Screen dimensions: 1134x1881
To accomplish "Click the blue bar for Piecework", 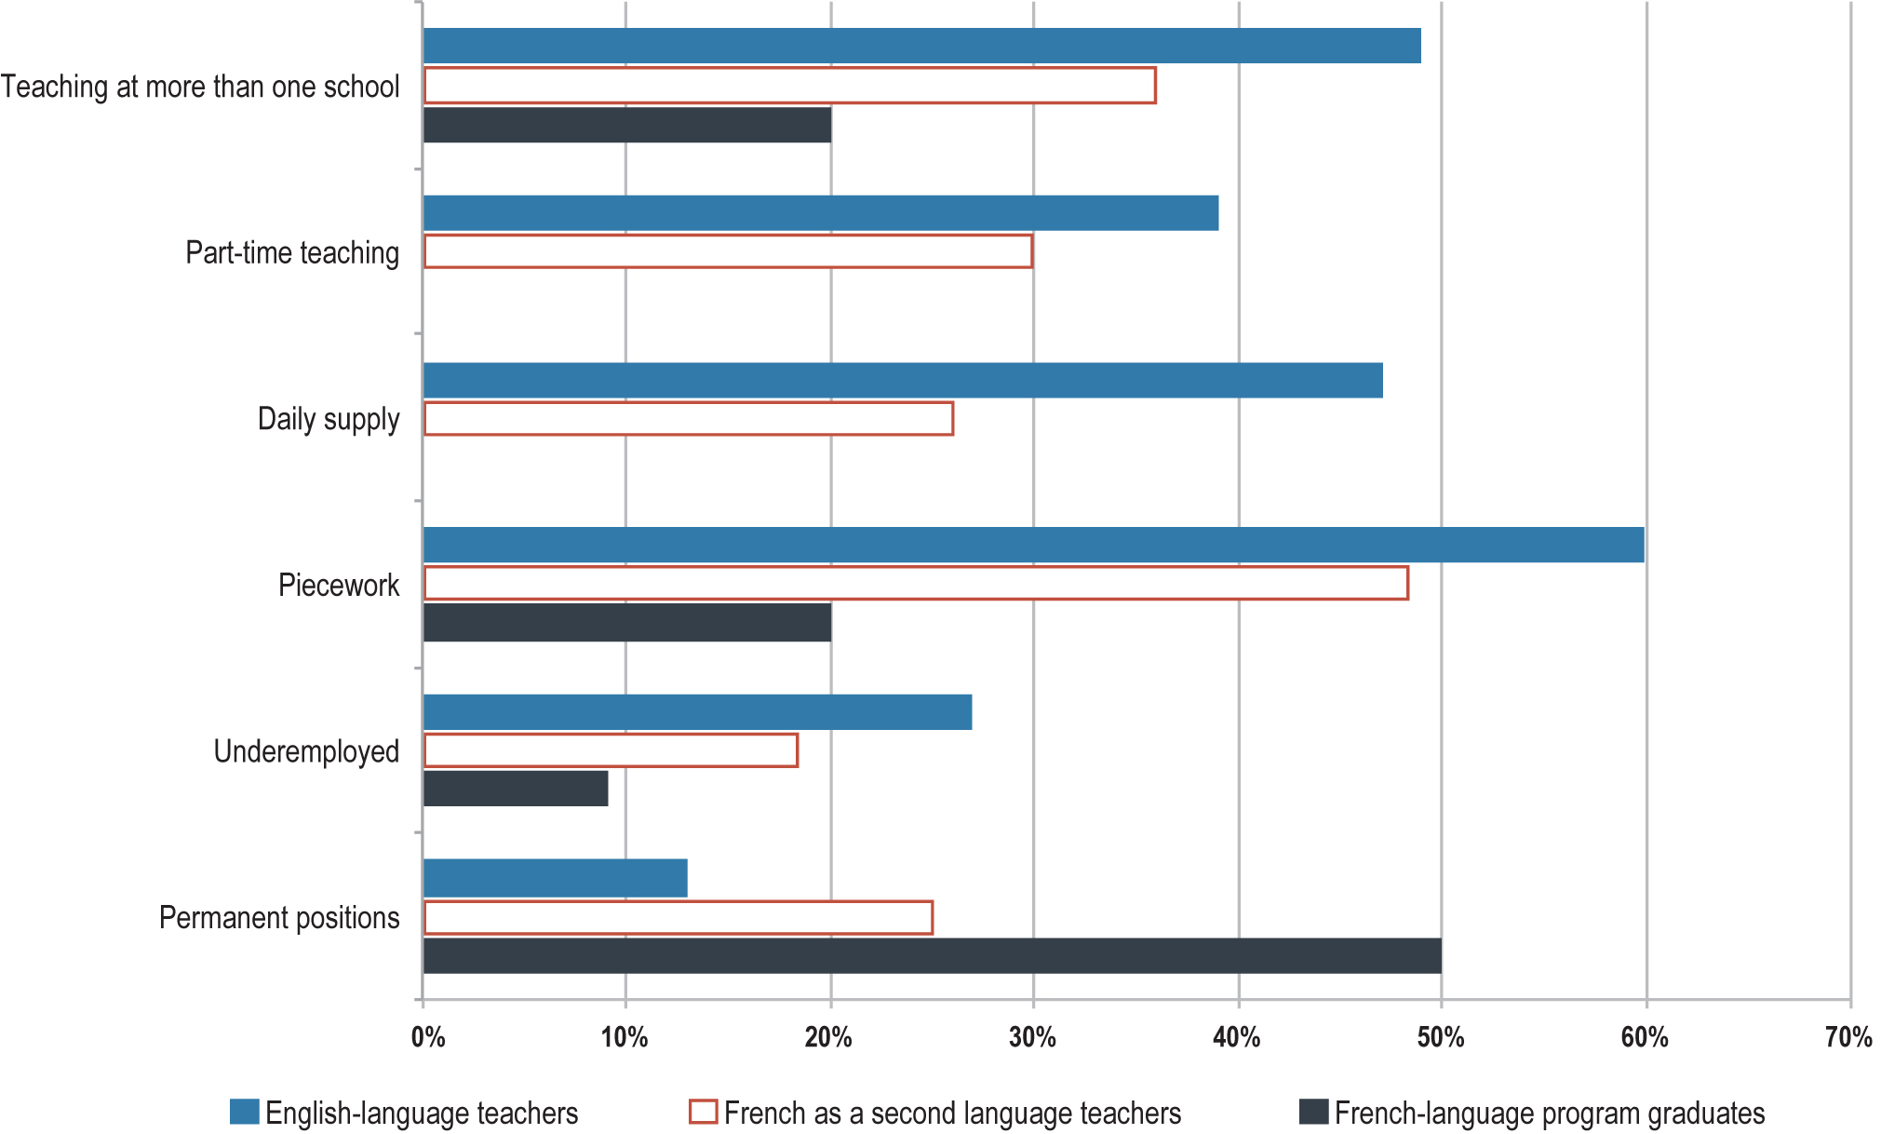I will [x=1033, y=545].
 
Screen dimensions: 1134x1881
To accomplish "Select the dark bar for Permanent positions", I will [x=932, y=956].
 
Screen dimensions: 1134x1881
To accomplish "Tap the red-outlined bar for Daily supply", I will [x=689, y=419].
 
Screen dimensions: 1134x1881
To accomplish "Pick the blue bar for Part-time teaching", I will [x=821, y=213].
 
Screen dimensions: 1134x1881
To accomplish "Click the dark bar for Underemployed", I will [x=516, y=789].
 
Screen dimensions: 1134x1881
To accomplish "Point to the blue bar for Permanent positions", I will [x=556, y=878].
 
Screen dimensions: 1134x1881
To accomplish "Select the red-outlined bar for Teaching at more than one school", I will [x=789, y=86].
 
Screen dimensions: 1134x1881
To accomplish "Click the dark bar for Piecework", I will [x=627, y=623].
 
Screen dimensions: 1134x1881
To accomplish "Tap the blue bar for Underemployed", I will [x=697, y=712].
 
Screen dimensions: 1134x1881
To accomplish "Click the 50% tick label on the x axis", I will [x=1440, y=1037].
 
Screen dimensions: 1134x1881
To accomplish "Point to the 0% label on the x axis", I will [x=428, y=1037].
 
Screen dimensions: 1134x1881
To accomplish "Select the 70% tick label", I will [x=1847, y=1037].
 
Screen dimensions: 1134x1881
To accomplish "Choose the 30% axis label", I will [x=1032, y=1037].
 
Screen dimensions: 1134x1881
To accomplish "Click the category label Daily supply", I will [x=329, y=419].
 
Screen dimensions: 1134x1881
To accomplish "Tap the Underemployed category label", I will [x=306, y=751].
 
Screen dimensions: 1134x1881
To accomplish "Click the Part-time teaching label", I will [x=292, y=253].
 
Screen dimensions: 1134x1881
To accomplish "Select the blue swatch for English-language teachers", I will [x=245, y=1112].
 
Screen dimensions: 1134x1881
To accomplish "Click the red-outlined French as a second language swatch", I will [x=703, y=1112].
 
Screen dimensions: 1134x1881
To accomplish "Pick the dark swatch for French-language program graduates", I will [x=1313, y=1112].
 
